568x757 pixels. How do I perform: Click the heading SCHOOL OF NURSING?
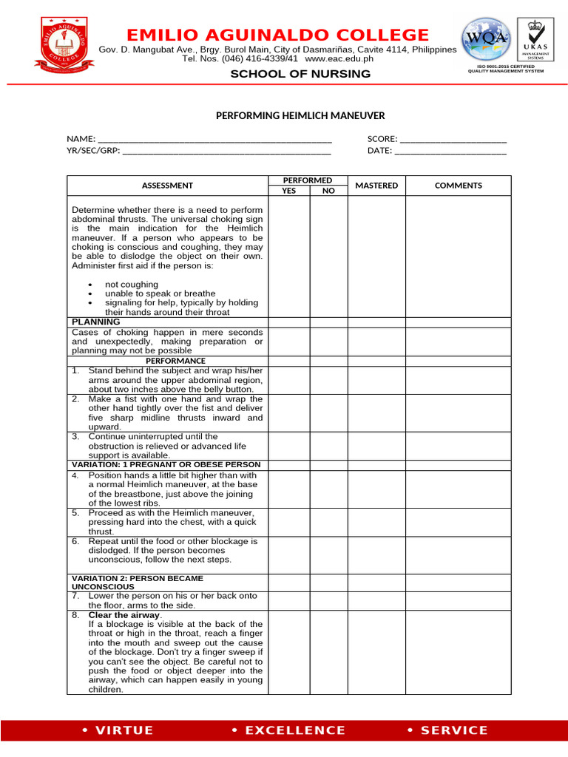point(300,74)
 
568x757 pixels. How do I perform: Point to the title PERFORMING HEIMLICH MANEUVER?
point(300,116)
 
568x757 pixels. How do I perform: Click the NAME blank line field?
point(214,139)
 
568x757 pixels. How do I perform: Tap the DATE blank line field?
point(450,151)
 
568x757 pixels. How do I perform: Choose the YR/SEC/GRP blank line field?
point(226,151)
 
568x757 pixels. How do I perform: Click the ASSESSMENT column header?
point(167,186)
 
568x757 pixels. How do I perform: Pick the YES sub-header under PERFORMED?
point(288,191)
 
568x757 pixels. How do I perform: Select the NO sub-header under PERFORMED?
point(328,191)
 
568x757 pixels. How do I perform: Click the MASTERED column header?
point(376,186)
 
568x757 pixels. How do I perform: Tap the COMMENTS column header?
point(458,186)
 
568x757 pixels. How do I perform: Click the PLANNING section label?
point(95,322)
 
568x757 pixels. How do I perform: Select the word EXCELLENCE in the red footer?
point(294,730)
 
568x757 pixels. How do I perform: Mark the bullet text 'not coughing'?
point(132,285)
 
